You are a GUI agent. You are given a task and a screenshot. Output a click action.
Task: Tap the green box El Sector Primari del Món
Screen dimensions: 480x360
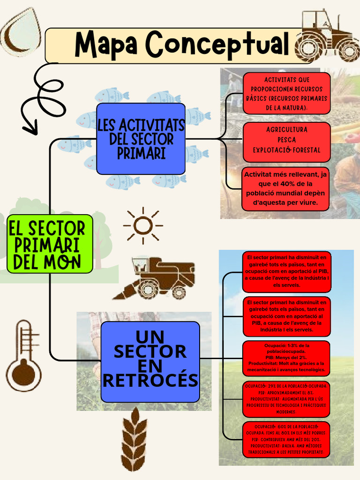50,244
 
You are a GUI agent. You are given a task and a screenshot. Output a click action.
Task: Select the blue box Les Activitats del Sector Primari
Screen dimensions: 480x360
141,139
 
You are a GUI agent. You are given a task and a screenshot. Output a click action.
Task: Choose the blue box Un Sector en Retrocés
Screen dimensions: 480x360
150,361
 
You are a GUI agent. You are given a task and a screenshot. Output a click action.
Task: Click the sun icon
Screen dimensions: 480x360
142,225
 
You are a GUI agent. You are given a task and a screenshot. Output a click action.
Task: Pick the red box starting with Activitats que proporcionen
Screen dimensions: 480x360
286,93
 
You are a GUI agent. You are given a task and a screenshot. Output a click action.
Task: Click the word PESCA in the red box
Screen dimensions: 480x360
286,140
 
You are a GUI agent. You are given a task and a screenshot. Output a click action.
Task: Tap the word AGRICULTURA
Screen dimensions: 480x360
286,129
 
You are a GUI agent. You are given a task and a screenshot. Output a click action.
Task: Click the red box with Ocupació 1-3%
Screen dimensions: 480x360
286,359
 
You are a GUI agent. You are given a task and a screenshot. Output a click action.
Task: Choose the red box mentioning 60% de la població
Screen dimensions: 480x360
286,439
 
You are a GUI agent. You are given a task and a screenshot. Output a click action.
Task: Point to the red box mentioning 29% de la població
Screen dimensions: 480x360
286,399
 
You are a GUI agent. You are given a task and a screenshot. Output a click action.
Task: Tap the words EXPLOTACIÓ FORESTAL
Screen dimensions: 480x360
286,150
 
